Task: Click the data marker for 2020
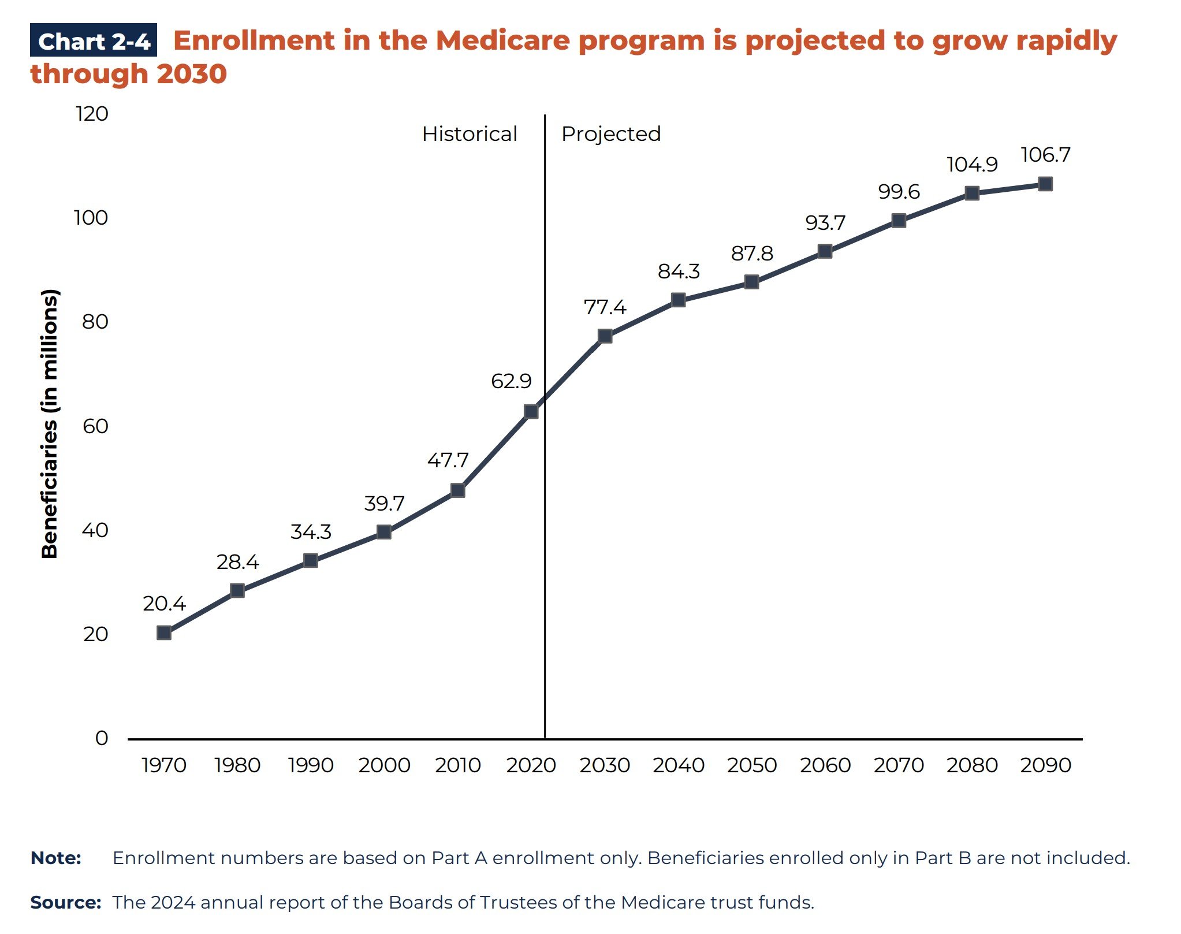[531, 411]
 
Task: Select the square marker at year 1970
[164, 632]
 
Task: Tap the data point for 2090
[1045, 184]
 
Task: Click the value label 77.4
[605, 307]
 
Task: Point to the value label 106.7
[1045, 155]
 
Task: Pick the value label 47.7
[448, 460]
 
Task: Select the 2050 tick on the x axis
[751, 765]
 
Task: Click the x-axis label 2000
[384, 765]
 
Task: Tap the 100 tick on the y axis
[91, 218]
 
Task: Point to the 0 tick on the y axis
[102, 738]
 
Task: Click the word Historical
[470, 134]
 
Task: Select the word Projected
[611, 134]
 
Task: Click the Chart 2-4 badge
[94, 41]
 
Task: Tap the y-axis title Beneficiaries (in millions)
[50, 423]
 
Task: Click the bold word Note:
[55, 858]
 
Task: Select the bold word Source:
[65, 902]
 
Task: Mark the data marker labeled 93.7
[825, 251]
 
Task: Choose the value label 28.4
[237, 562]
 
